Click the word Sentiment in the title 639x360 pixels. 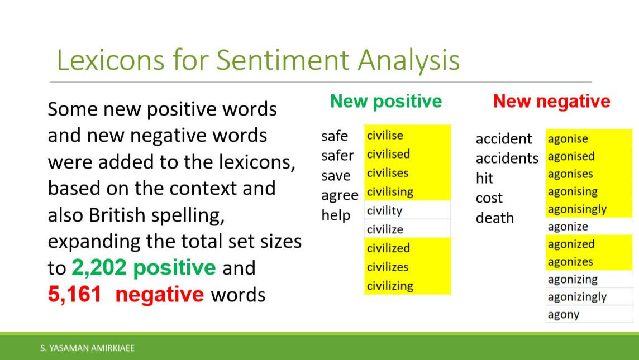pos(283,60)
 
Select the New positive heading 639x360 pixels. pos(386,102)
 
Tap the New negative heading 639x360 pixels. pos(552,102)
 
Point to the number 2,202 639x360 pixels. pos(99,268)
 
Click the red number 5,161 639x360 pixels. pos(75,295)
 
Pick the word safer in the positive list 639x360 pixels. pos(337,156)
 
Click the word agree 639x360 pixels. pos(340,196)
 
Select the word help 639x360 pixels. pos(336,215)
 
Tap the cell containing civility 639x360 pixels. pos(408,210)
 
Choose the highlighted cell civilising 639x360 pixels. pos(408,191)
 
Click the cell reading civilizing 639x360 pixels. pos(408,285)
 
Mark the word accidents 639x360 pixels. pos(507,158)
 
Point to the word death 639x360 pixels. pos(495,218)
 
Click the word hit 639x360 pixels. pos(484,178)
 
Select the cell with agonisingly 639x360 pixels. pos(589,209)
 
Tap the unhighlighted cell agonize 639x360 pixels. pos(589,227)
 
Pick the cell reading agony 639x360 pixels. pos(589,314)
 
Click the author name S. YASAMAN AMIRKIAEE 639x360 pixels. pos(88,348)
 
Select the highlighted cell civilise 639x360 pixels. pos(408,135)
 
